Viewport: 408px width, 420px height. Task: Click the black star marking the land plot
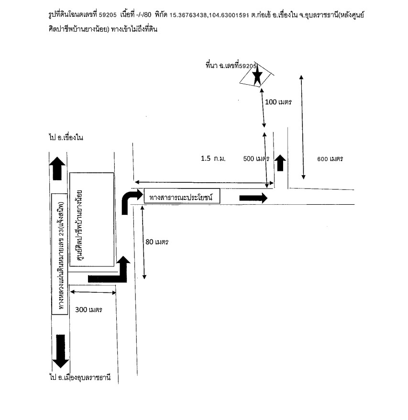(x=257, y=76)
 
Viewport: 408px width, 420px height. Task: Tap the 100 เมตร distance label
(x=278, y=102)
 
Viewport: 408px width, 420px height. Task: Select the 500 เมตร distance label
(x=256, y=158)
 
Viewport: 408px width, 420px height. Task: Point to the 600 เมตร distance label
(x=330, y=159)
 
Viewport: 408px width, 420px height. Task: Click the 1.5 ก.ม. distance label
(x=213, y=158)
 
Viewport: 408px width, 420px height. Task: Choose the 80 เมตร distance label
(x=157, y=242)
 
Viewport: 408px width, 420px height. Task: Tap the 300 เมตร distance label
(x=88, y=309)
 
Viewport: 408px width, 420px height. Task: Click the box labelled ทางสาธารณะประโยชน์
(x=182, y=196)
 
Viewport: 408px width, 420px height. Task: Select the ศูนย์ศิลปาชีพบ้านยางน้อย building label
(x=79, y=225)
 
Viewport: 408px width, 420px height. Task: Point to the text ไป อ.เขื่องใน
(x=66, y=137)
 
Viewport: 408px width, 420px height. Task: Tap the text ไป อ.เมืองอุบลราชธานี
(x=80, y=377)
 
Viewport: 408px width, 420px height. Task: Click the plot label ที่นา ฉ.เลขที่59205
(x=231, y=66)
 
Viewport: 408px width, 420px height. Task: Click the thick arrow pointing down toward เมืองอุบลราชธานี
(x=61, y=351)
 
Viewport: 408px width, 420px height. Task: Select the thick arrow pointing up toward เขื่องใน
(x=57, y=168)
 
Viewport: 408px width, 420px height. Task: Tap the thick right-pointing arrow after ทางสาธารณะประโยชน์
(x=253, y=198)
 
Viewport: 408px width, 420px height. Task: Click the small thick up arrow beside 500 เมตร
(x=280, y=163)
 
